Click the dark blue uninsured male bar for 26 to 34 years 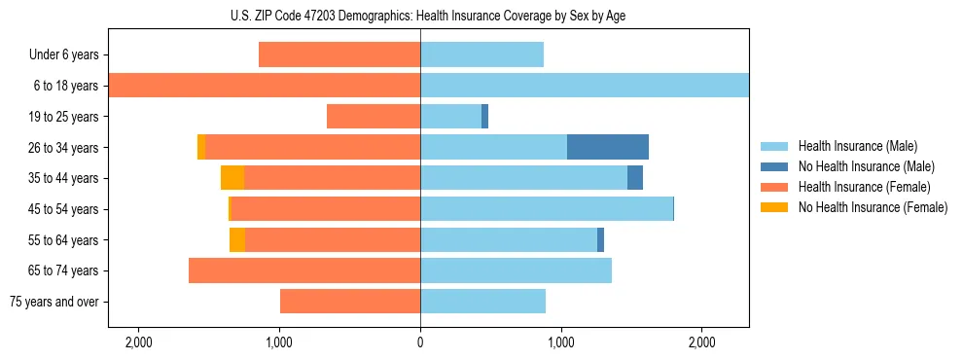coord(607,147)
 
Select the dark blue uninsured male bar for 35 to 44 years coord(634,178)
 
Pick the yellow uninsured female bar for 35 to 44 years coord(232,178)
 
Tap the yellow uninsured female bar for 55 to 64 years coord(236,239)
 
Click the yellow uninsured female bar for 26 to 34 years coord(201,147)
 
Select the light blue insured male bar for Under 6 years coord(481,54)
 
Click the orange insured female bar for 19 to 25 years coord(374,117)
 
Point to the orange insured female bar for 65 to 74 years coord(304,270)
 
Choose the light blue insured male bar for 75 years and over coord(482,302)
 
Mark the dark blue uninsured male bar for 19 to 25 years coord(484,117)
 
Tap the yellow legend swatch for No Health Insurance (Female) coord(774,207)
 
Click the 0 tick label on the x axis coord(420,342)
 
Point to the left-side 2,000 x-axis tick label coord(138,342)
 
